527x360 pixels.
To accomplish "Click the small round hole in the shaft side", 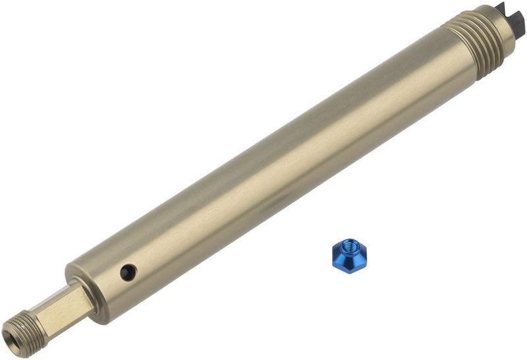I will [x=127, y=272].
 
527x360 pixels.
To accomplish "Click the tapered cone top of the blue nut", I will [x=349, y=245].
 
